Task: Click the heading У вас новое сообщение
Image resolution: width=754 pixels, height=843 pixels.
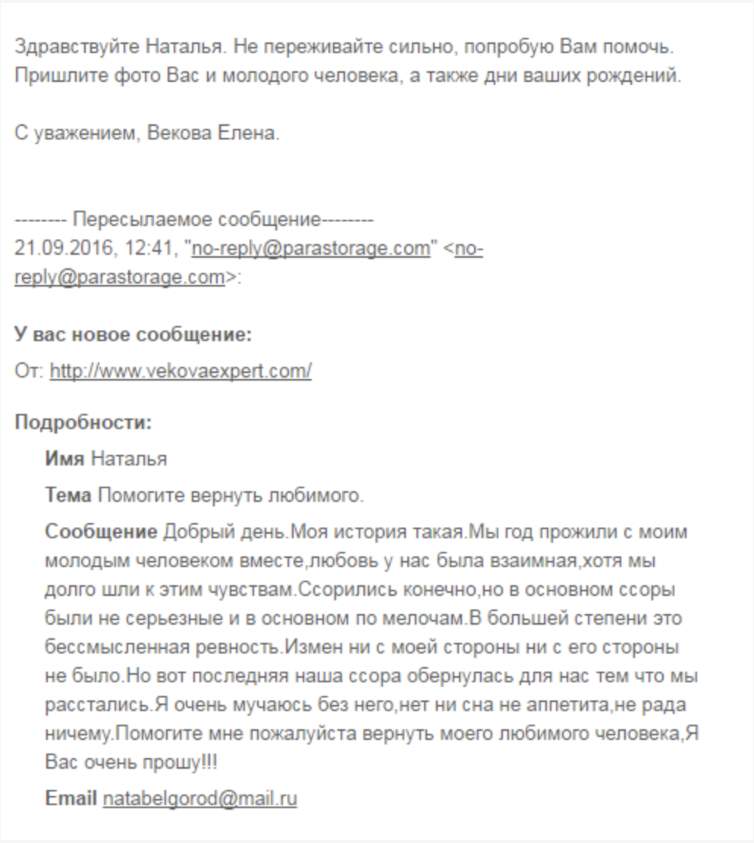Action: tap(133, 334)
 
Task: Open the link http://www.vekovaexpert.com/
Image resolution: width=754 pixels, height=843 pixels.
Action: tap(181, 371)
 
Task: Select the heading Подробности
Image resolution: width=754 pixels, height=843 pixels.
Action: tap(83, 421)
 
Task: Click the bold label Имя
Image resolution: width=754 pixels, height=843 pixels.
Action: tap(64, 459)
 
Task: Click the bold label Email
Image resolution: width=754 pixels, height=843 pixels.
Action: tap(71, 798)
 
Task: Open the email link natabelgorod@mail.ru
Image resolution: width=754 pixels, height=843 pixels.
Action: tap(199, 798)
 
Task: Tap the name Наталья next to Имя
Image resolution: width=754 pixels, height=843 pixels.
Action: tap(129, 459)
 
